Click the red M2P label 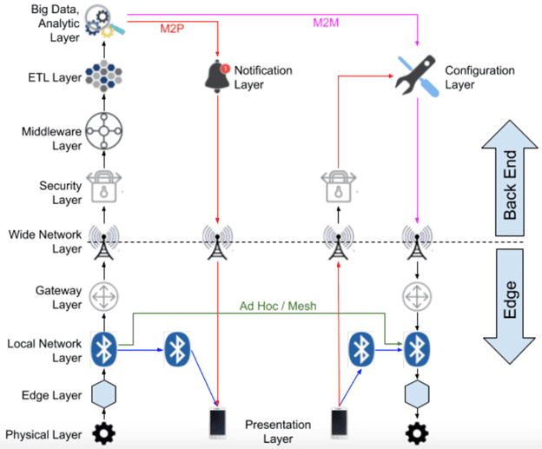(171, 28)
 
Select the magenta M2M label (327, 20)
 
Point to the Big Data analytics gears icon (103, 23)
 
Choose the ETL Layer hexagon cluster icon (104, 78)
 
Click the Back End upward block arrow (511, 179)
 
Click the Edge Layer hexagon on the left (104, 395)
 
